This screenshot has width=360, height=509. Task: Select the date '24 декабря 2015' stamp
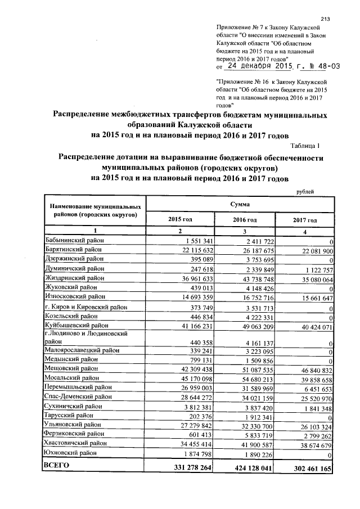(x=257, y=66)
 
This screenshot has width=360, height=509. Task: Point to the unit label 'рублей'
(x=305, y=192)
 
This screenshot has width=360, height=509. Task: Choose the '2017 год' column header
(x=304, y=220)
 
